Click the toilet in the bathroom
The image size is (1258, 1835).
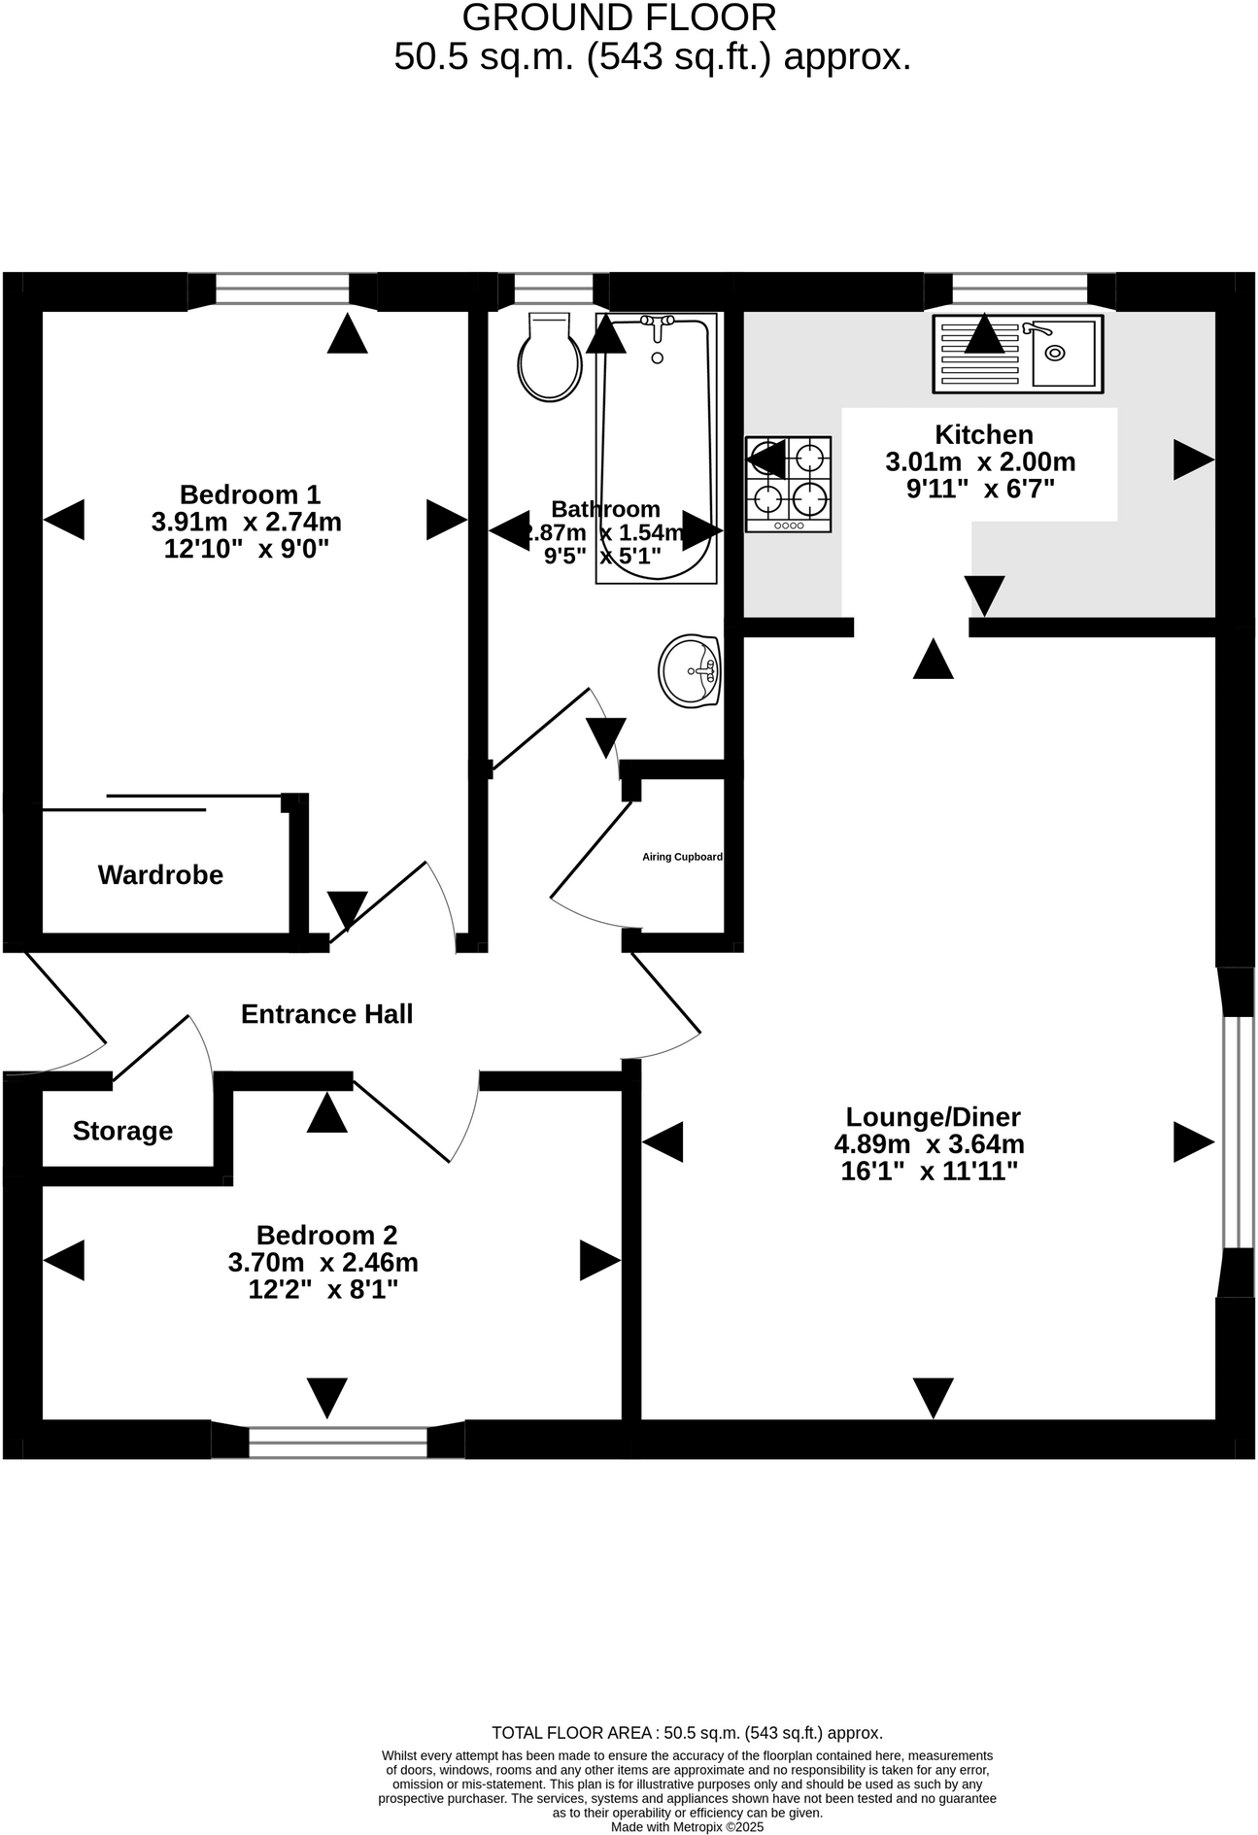[x=550, y=360]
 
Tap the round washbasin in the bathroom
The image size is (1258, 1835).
[x=690, y=670]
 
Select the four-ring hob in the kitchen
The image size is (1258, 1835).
[x=788, y=484]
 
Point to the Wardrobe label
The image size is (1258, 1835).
[x=160, y=875]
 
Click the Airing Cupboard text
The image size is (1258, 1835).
[x=682, y=857]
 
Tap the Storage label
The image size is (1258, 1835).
[x=122, y=1131]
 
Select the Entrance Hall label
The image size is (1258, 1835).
[x=326, y=1014]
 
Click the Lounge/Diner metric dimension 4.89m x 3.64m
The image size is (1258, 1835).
[x=929, y=1144]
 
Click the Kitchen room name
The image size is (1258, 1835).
[x=983, y=434]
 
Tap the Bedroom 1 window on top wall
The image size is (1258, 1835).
[x=282, y=289]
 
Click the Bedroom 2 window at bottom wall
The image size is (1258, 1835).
[x=337, y=1442]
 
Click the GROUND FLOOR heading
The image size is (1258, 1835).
[x=619, y=18]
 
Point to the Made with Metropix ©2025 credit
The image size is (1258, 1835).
[x=687, y=1826]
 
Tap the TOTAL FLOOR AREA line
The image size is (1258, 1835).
[x=687, y=1732]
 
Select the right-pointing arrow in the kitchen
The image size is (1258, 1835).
[x=1193, y=459]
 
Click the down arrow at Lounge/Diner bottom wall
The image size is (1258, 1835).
[x=933, y=1398]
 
